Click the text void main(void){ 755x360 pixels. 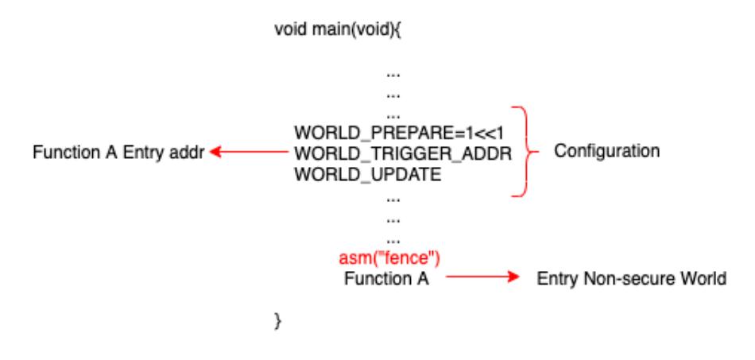338,30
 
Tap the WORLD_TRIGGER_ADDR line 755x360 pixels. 403,153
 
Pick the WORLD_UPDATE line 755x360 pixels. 368,174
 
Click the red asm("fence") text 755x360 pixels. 389,258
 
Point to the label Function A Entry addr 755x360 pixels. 118,153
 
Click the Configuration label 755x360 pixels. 606,151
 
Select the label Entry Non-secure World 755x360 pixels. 631,278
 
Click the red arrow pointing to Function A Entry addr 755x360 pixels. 249,152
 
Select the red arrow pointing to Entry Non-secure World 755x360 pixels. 482,277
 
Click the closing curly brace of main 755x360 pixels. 277,320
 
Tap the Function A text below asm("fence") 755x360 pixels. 386,279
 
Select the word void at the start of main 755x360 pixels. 292,30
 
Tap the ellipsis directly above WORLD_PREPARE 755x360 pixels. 393,116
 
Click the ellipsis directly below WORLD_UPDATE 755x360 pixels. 393,199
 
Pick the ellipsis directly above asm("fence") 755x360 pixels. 393,240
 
